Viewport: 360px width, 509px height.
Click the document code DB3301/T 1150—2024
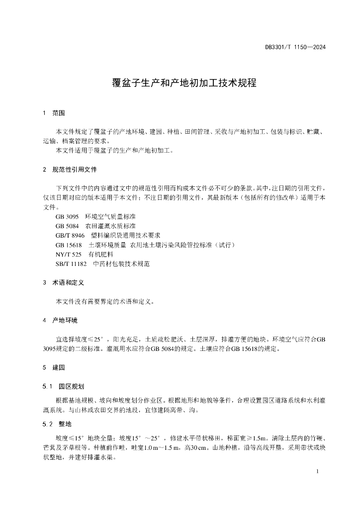click(295, 48)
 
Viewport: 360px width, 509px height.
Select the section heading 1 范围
click(55, 113)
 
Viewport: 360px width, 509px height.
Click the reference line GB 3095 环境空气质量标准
click(99, 217)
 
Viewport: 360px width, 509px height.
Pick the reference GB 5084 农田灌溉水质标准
click(99, 226)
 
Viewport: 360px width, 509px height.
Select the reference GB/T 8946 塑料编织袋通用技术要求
click(108, 236)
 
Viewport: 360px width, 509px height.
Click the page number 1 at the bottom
click(317, 471)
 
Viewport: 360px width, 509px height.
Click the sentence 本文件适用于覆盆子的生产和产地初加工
click(114, 151)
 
